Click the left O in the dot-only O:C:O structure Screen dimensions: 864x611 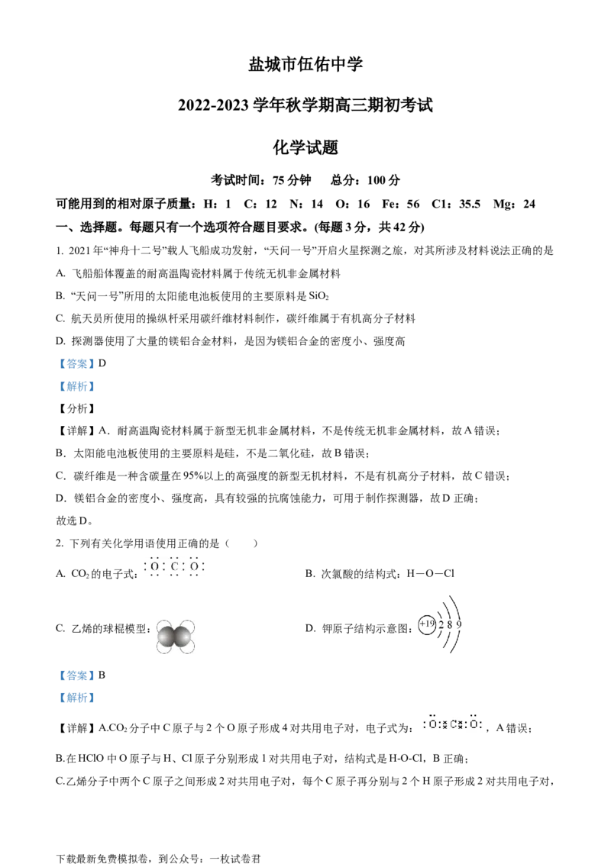[154, 567]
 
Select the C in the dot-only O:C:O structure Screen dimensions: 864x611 [174, 567]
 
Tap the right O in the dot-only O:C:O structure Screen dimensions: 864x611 [194, 567]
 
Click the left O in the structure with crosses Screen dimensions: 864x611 [433, 723]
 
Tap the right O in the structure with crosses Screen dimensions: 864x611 [474, 723]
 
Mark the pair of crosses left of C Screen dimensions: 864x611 [444, 723]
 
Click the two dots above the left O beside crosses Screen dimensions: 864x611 [433, 715]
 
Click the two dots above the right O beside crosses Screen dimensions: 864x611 [474, 715]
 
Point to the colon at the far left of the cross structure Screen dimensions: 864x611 [424, 723]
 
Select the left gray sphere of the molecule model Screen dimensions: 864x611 [166, 637]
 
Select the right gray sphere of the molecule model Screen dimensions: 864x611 [182, 637]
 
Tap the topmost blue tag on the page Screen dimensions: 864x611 [76, 363]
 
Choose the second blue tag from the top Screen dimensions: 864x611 [76, 387]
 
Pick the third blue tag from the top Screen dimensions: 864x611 [76, 675]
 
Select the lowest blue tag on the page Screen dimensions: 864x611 [76, 698]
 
